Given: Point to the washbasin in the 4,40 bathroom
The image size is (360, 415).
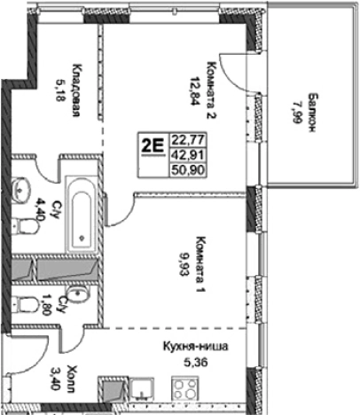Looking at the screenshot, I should (21, 185).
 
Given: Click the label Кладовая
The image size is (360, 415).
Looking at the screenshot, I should (77, 89).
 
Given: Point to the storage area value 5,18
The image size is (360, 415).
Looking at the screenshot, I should (61, 89).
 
